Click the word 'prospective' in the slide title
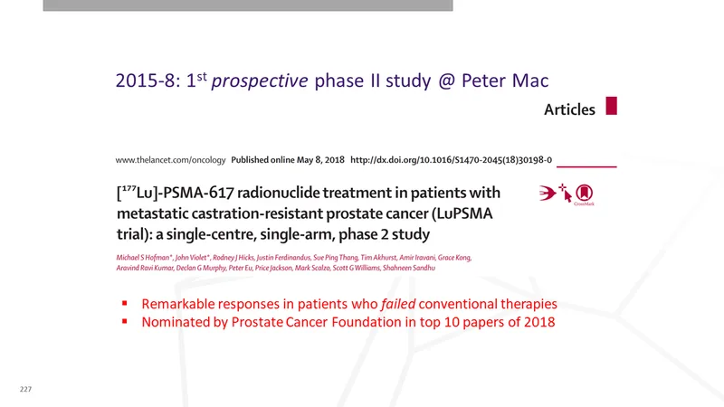(x=260, y=81)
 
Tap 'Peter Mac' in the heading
(x=505, y=80)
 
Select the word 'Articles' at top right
(x=569, y=109)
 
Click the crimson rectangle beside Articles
(x=612, y=106)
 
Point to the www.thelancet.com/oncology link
(x=170, y=160)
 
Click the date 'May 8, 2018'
(x=320, y=160)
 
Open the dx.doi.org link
(x=451, y=160)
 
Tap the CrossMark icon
(x=584, y=194)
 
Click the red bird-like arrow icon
(x=548, y=193)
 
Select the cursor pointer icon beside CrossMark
(x=566, y=194)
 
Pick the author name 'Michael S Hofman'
(x=144, y=258)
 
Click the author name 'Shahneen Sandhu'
(x=409, y=268)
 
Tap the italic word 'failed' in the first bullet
(x=398, y=304)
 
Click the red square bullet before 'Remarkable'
(x=125, y=303)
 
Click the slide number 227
(x=26, y=389)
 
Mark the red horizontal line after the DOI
(x=586, y=166)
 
